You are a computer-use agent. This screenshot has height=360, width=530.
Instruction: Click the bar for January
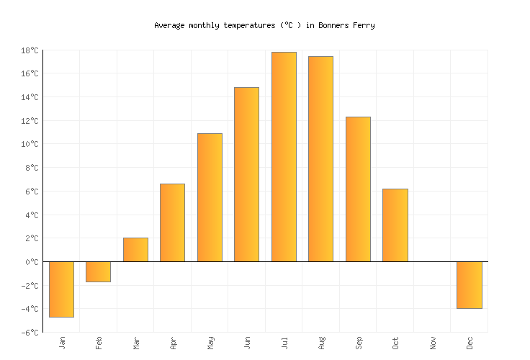[61, 289]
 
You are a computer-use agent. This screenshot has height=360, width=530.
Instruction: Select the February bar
[98, 271]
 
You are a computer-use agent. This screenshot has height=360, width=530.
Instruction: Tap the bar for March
[135, 249]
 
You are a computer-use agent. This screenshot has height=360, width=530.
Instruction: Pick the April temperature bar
[172, 222]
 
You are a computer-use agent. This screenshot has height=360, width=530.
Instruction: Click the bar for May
[210, 197]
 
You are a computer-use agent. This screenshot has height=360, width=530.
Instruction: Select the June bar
[246, 174]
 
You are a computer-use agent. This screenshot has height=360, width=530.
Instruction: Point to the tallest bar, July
[284, 156]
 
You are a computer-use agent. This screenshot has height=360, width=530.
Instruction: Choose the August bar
[320, 158]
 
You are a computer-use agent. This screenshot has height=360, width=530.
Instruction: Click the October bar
[395, 225]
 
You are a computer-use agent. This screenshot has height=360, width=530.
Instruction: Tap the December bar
[469, 284]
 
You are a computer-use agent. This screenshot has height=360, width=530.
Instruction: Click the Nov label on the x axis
[432, 343]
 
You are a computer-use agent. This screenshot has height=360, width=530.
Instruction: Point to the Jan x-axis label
[62, 343]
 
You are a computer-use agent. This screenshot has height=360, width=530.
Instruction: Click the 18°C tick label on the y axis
[30, 50]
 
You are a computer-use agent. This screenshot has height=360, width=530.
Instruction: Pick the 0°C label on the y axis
[32, 262]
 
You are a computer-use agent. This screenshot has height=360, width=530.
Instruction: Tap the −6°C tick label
[29, 333]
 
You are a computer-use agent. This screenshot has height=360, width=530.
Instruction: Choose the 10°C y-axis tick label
[30, 144]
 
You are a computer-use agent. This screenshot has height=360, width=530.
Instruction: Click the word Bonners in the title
[331, 25]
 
